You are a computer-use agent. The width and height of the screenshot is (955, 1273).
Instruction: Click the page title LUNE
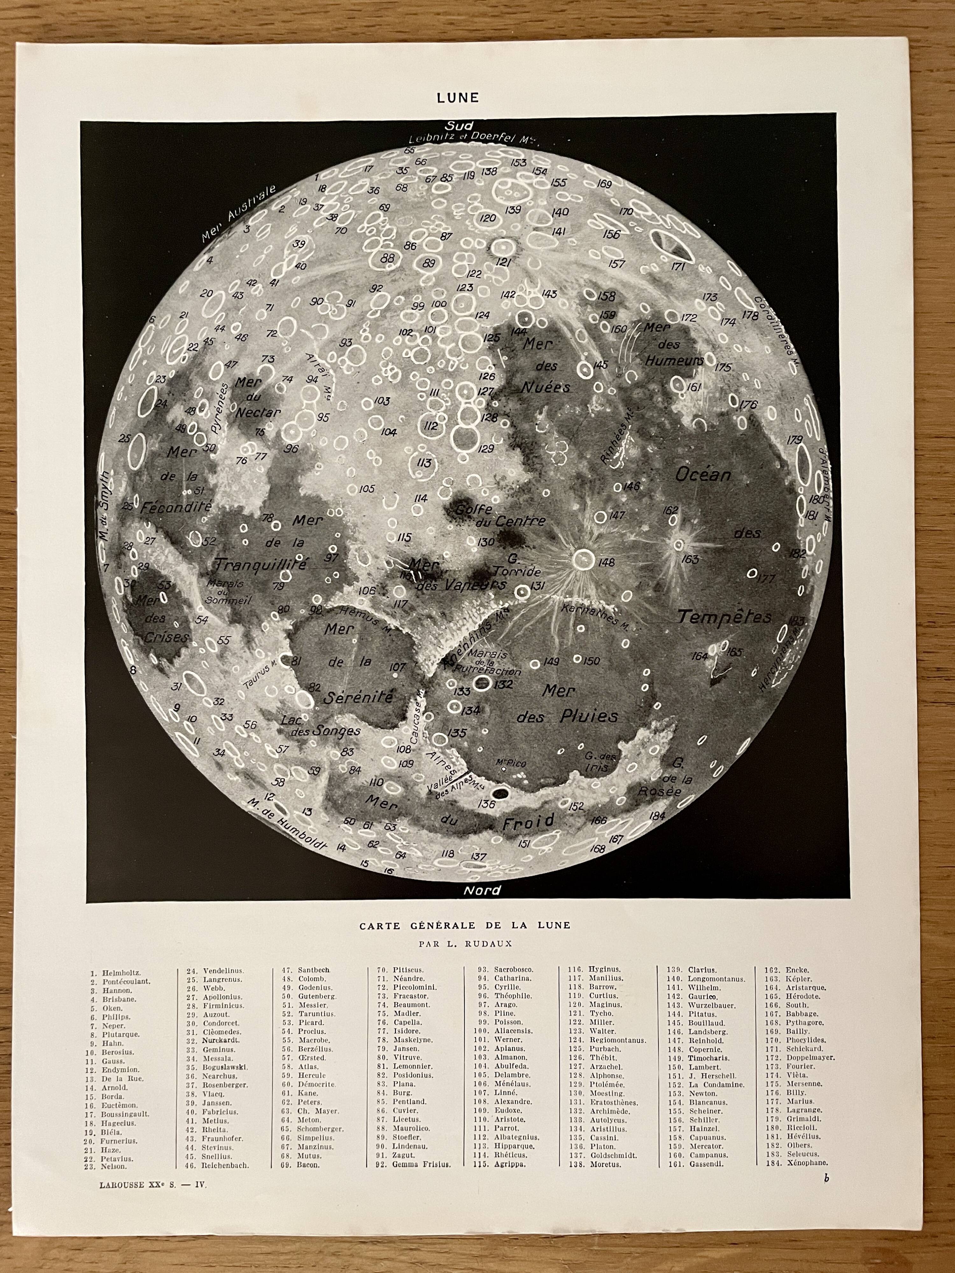[x=458, y=97]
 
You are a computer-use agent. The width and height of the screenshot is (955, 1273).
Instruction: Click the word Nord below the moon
[x=482, y=890]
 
